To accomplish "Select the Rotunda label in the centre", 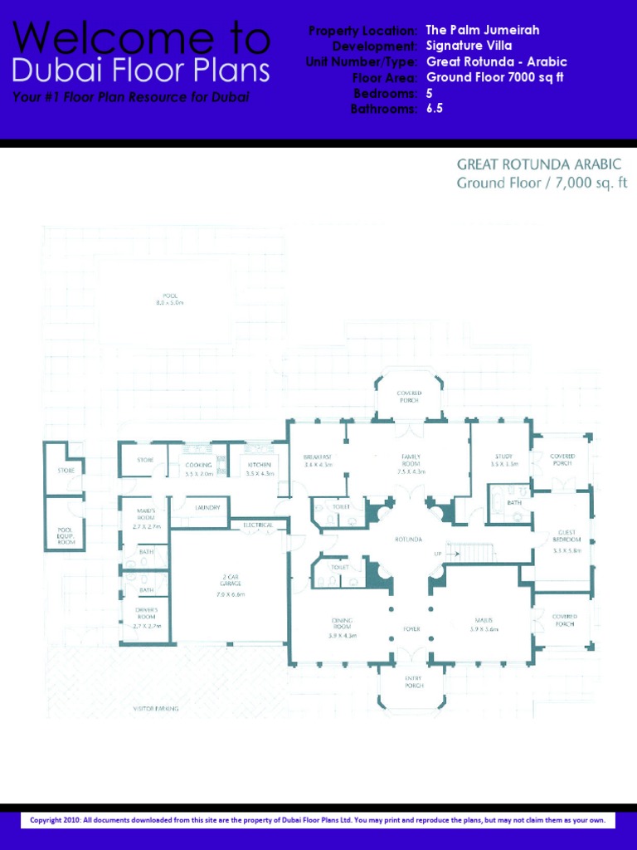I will [x=409, y=540].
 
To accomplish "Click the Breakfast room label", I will [x=318, y=461].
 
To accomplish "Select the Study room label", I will [x=503, y=460].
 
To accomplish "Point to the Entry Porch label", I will [x=413, y=681].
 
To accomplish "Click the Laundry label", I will [x=207, y=507].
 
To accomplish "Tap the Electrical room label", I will [x=258, y=525].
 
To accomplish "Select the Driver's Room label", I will [x=146, y=617].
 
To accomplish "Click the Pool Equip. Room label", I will [x=66, y=535].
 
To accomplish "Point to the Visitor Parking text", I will [x=156, y=709].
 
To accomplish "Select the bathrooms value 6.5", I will [x=435, y=109].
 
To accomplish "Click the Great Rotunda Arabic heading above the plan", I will [x=538, y=164].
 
